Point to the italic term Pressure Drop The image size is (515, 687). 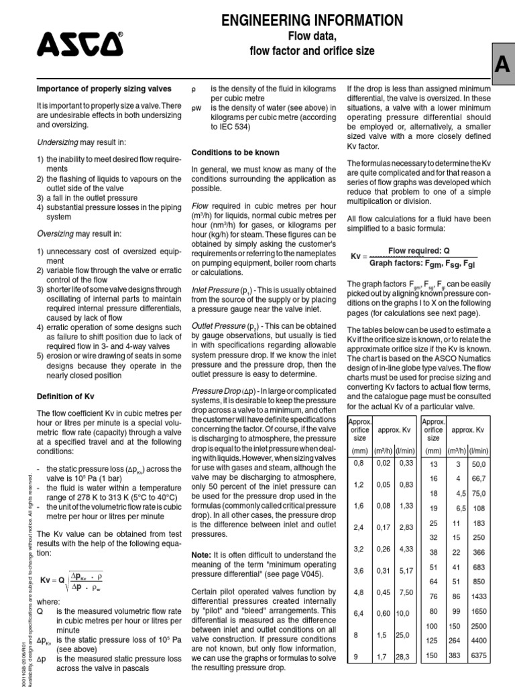click(215, 390)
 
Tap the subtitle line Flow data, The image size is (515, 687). click(312, 36)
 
